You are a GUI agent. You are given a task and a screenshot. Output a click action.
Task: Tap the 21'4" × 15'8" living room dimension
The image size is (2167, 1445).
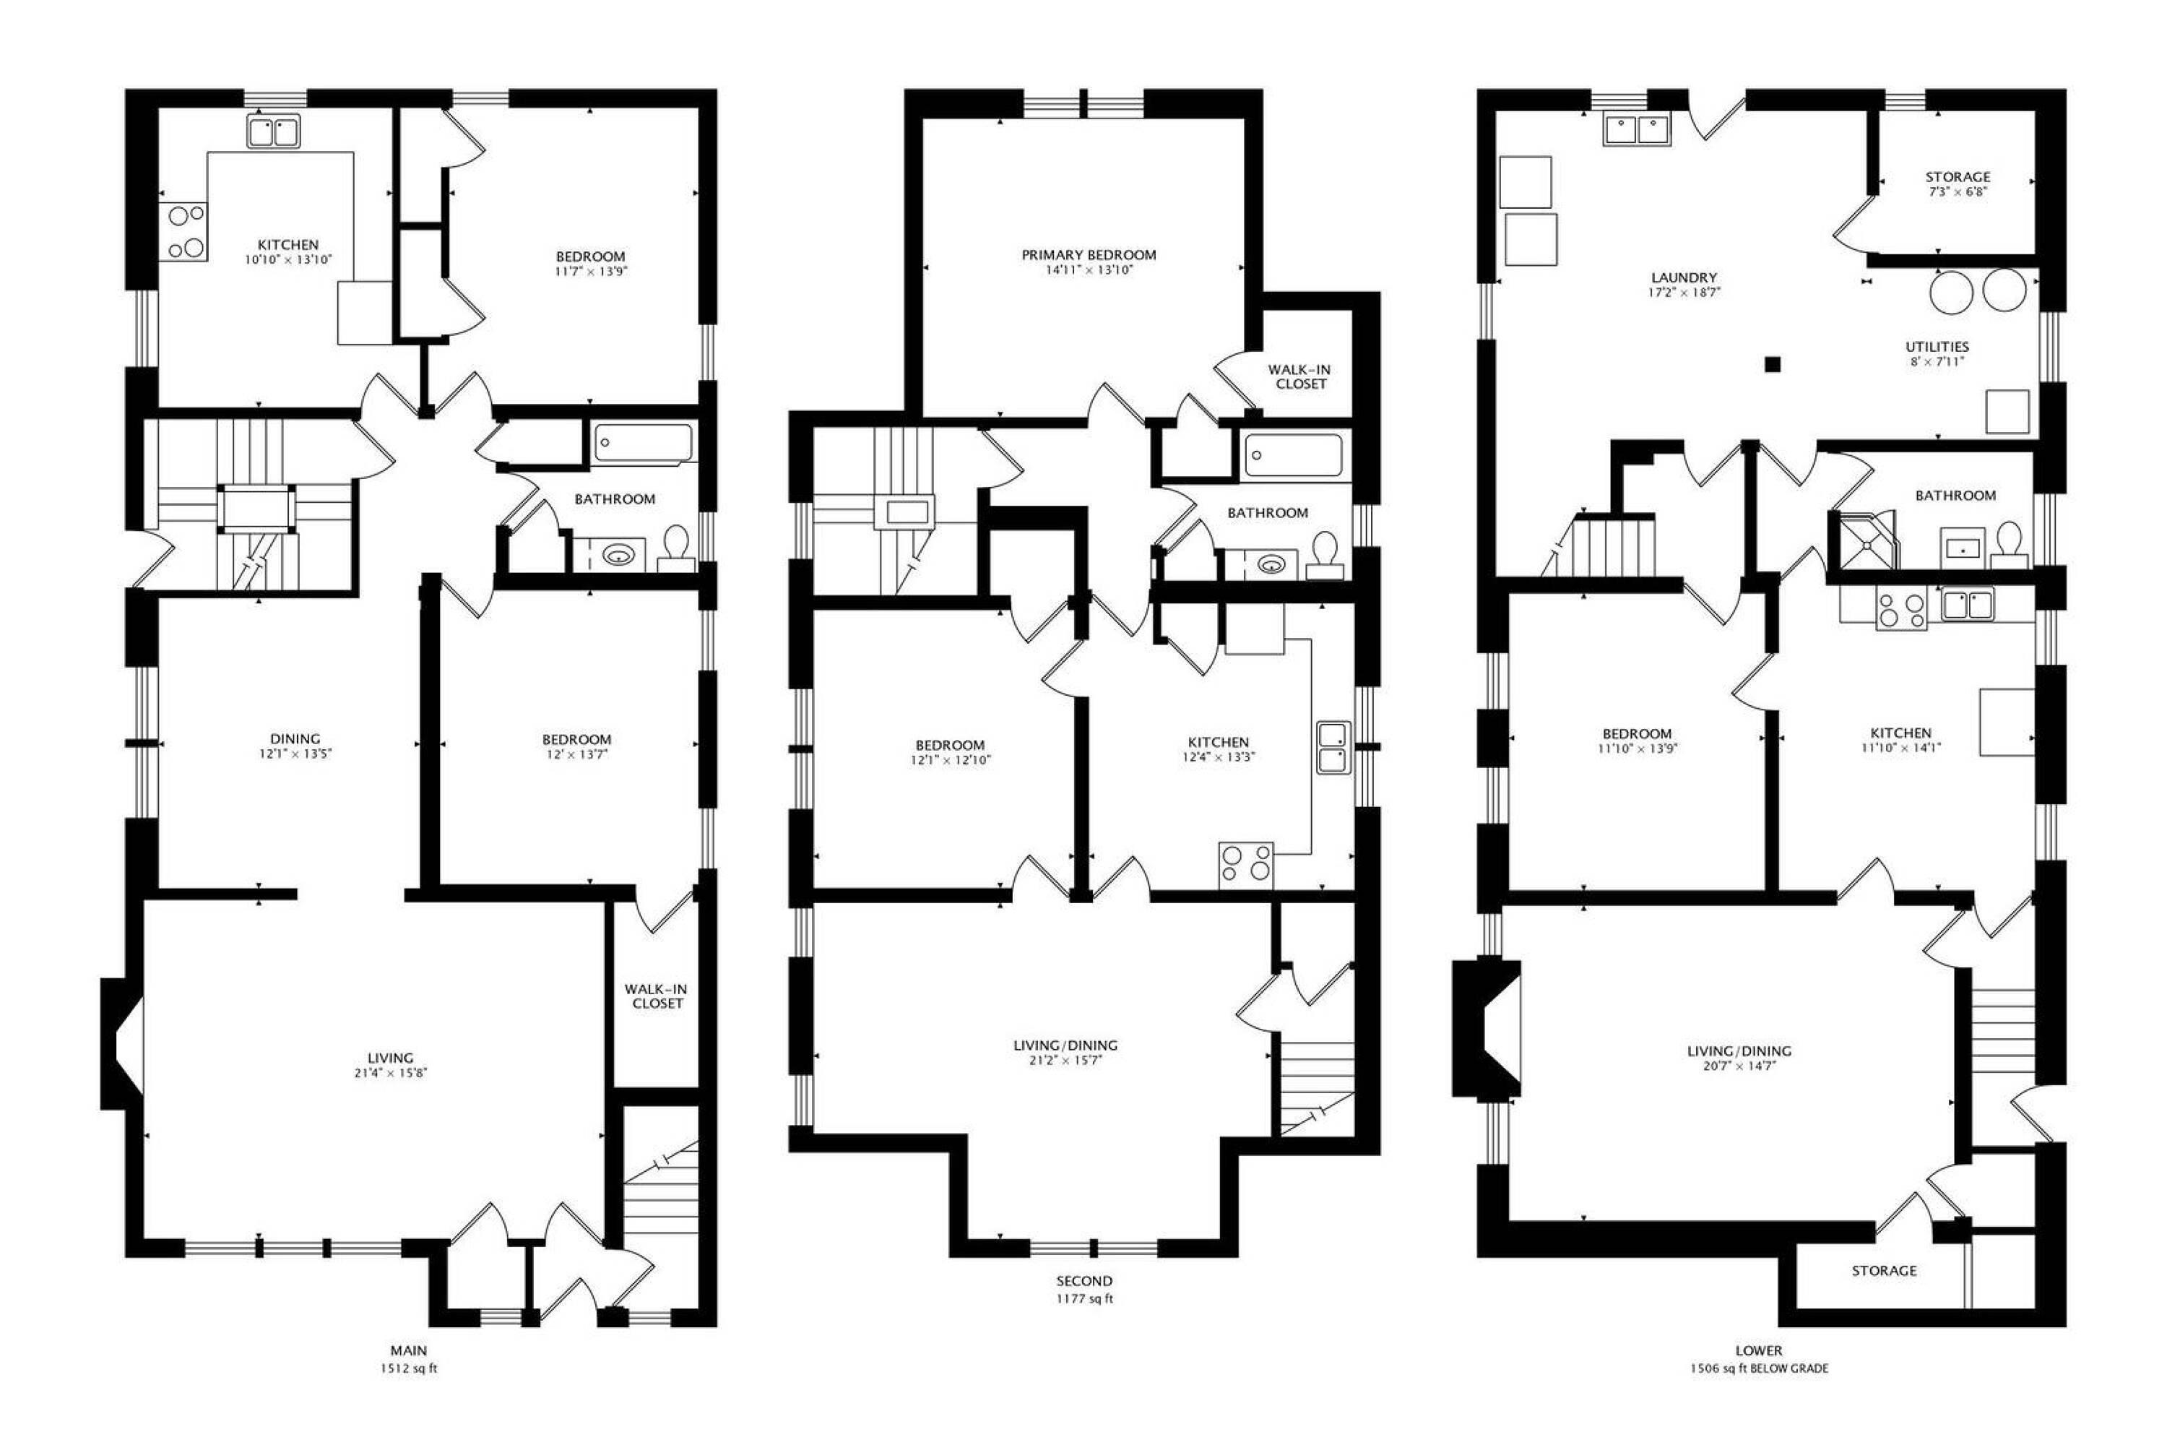pyautogui.click(x=391, y=1073)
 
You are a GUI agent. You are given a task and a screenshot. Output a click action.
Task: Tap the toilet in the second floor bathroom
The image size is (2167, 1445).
pyautogui.click(x=1325, y=556)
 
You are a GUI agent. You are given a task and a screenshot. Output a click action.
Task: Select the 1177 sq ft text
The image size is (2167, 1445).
pyautogui.click(x=1084, y=1299)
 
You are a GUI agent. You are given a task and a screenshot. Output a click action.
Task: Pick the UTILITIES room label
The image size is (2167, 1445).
pyautogui.click(x=1937, y=347)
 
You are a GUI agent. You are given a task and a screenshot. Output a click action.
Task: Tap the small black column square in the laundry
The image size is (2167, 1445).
pyautogui.click(x=1773, y=364)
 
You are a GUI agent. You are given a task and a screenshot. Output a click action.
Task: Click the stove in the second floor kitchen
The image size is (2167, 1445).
pyautogui.click(x=1245, y=866)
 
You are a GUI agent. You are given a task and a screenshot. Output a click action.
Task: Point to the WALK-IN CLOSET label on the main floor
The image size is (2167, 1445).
pyautogui.click(x=657, y=996)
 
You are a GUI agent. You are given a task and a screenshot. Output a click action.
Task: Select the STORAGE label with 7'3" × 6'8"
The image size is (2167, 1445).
pyautogui.click(x=1957, y=177)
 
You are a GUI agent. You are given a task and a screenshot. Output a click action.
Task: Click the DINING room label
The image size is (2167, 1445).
pyautogui.click(x=295, y=739)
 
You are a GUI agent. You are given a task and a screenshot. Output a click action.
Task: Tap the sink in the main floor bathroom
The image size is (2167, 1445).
pyautogui.click(x=618, y=555)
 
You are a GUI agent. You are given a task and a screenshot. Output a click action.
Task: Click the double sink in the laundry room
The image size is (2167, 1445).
pyautogui.click(x=1638, y=130)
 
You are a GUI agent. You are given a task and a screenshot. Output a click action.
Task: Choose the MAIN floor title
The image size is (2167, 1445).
pyautogui.click(x=409, y=1351)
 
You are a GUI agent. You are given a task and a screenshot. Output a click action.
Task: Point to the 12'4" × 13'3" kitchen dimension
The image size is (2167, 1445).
pyautogui.click(x=1219, y=757)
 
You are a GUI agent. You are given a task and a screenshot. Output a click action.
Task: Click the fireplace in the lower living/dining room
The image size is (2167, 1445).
pyautogui.click(x=1486, y=1028)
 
